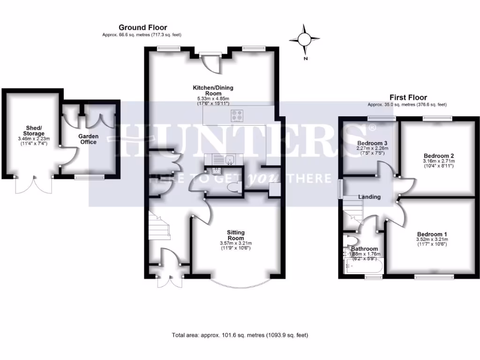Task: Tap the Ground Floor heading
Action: click(x=142, y=28)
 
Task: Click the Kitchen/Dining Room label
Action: click(x=213, y=90)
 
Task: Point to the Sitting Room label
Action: click(x=236, y=235)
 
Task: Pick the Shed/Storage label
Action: click(x=34, y=131)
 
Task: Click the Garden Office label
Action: click(x=88, y=139)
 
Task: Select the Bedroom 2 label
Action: click(x=439, y=156)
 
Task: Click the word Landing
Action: click(x=369, y=197)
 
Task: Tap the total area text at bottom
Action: click(x=240, y=335)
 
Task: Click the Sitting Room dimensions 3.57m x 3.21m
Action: click(x=236, y=243)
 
